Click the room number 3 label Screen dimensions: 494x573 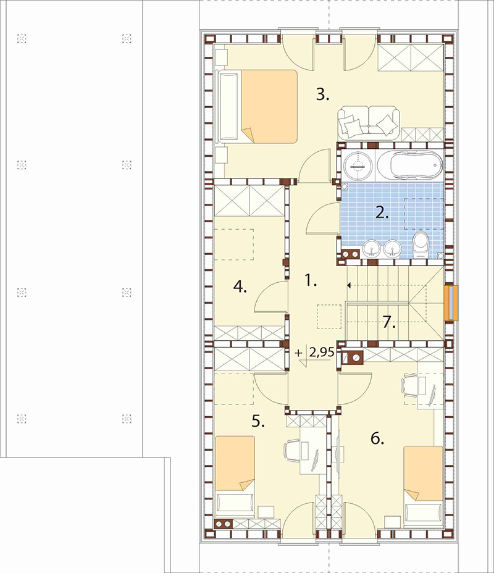[x=322, y=94]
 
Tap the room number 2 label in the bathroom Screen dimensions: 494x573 [x=382, y=212]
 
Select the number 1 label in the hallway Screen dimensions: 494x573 [x=311, y=281]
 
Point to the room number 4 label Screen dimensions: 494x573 [x=240, y=287]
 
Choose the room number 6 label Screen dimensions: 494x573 [x=377, y=438]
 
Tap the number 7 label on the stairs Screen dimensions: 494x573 [x=389, y=323]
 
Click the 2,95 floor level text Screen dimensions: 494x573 [x=322, y=352]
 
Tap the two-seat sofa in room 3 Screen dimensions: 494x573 [x=368, y=122]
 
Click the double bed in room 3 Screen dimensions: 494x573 [x=257, y=106]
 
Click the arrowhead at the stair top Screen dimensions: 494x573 [x=350, y=285]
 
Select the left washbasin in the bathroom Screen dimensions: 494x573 [x=372, y=248]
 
